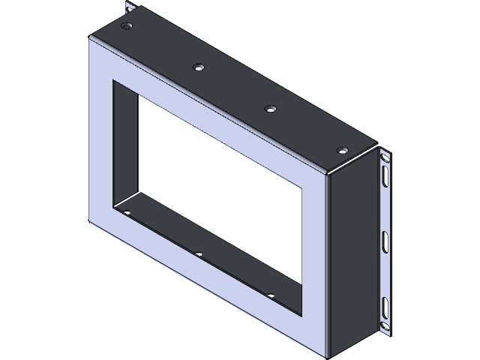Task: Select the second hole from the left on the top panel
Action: [198, 67]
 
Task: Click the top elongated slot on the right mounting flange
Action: [384, 176]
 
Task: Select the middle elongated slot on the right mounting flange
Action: [384, 241]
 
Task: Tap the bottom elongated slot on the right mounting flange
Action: [384, 307]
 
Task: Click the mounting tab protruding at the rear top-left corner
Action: [130, 8]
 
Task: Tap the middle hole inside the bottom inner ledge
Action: [199, 253]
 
